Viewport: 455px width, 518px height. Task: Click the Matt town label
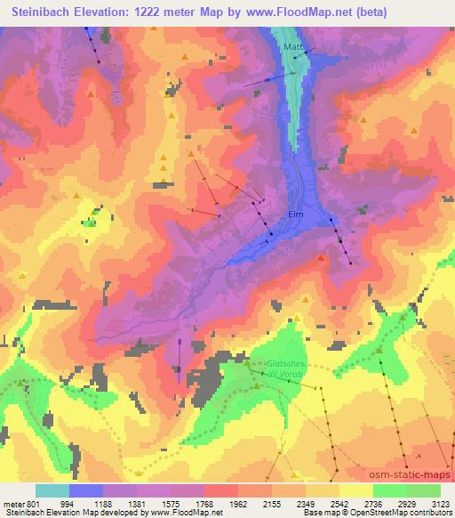click(293, 45)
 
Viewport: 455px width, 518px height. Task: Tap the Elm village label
click(296, 214)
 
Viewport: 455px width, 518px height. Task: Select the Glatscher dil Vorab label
click(286, 368)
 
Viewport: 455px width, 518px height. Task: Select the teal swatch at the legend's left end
click(52, 490)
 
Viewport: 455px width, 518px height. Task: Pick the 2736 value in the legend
click(370, 504)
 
